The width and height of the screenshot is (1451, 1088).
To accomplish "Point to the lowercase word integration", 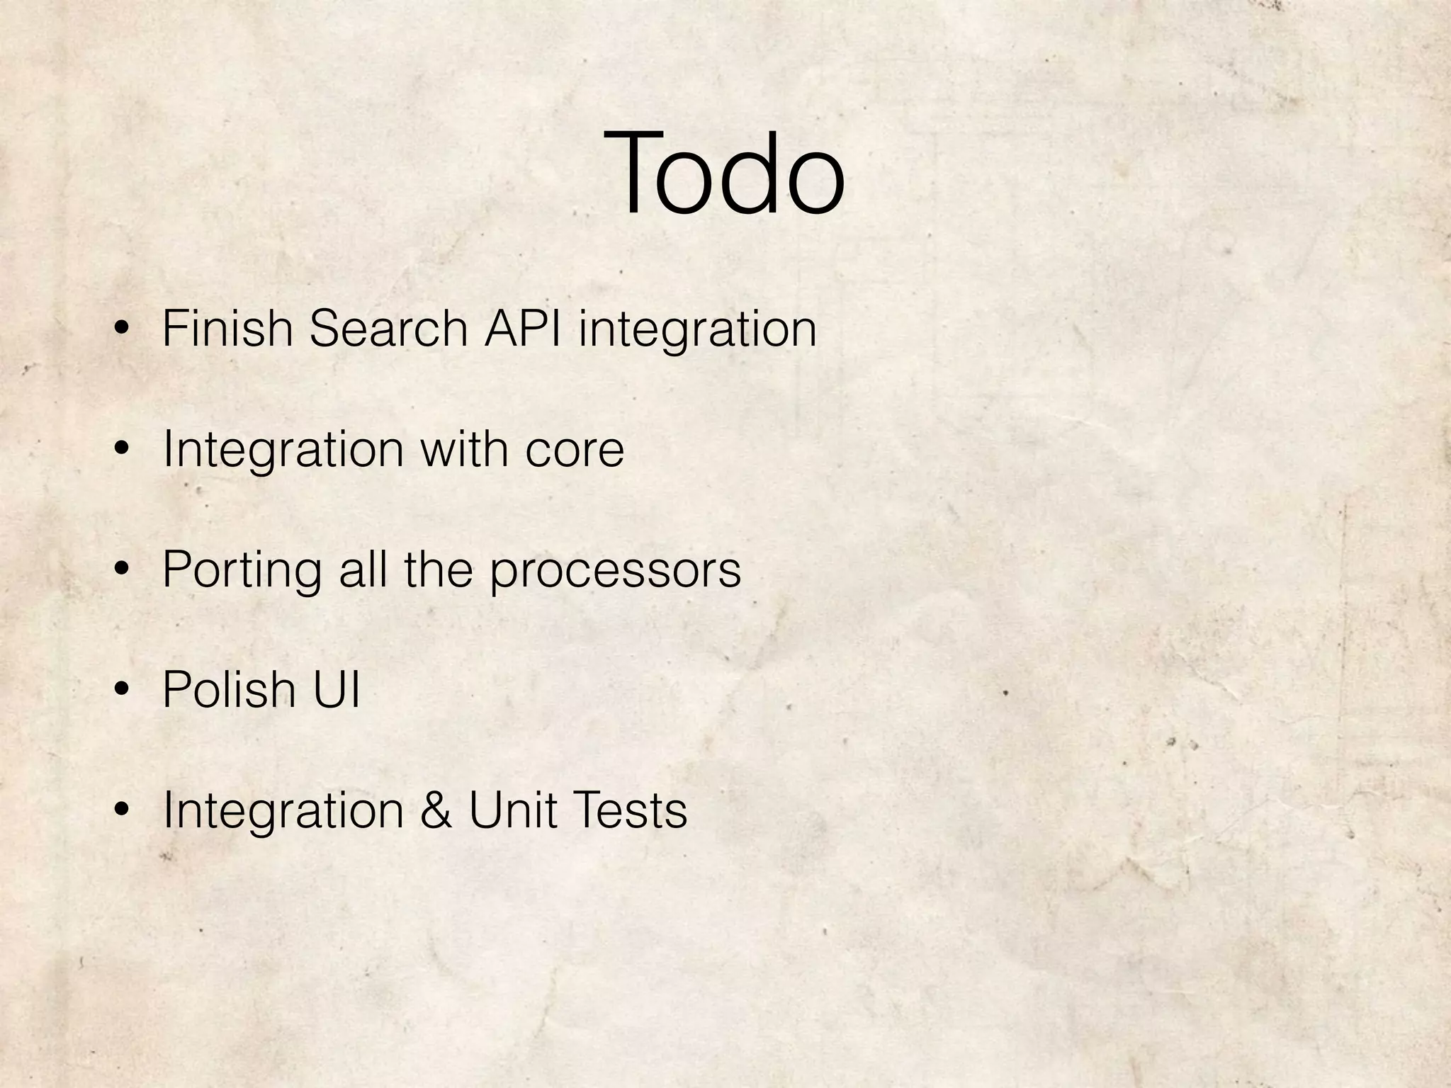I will click(x=697, y=331).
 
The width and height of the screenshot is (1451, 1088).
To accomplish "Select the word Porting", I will click(x=242, y=571).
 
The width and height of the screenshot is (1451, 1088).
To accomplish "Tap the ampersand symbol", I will click(x=436, y=810).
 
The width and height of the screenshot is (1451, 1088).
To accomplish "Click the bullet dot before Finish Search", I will click(x=122, y=329).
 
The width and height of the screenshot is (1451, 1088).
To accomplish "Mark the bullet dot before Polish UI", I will click(x=122, y=690).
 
